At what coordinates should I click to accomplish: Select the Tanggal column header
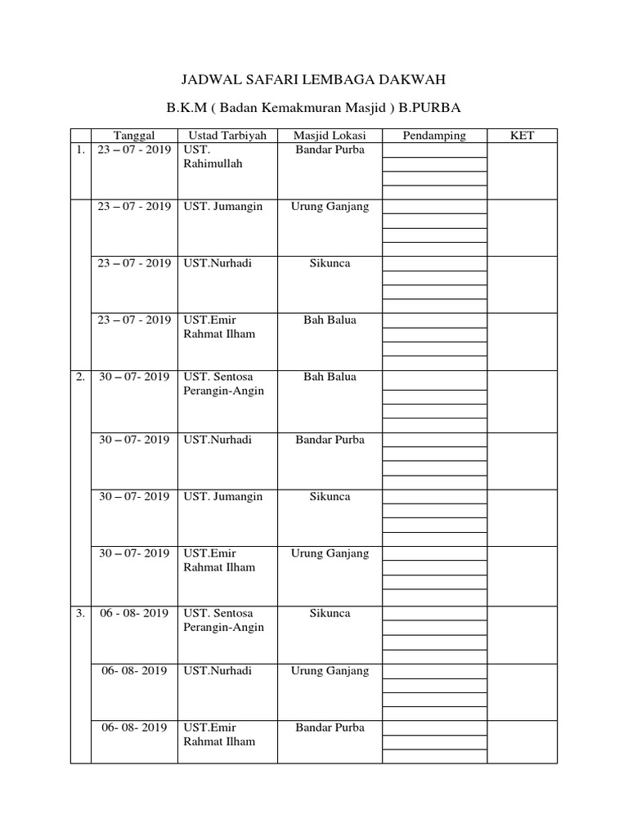134,136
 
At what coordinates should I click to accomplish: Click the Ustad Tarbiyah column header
227,136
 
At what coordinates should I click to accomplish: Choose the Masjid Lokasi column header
330,136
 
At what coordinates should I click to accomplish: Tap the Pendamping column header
434,136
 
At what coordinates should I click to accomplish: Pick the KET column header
522,136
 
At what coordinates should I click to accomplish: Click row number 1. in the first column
80,150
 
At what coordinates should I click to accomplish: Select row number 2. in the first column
80,378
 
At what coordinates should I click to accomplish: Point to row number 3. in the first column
80,614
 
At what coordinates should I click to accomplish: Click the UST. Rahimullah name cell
213,157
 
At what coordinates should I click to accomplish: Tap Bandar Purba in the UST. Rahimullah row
330,150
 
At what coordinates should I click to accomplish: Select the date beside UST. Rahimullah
134,150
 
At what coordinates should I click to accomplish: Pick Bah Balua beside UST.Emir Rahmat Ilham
330,320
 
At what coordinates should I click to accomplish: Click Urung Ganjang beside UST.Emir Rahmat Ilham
330,553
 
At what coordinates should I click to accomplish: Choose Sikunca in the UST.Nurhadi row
330,263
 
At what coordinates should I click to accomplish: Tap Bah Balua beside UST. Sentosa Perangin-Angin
330,378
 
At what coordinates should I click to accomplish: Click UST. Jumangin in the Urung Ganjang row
223,207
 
